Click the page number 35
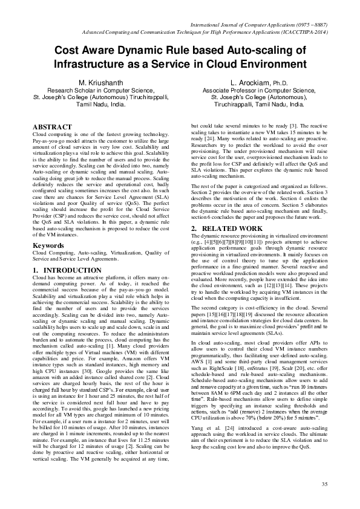click(x=324, y=484)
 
